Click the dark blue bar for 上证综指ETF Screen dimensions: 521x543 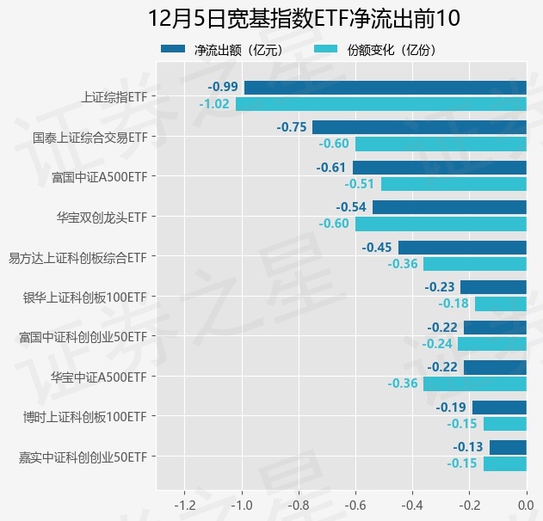pyautogui.click(x=385, y=87)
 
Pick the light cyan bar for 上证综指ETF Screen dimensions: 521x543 pyautogui.click(x=380, y=104)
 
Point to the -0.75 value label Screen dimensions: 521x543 pyautogui.click(x=292, y=127)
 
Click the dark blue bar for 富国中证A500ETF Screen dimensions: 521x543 pyautogui.click(x=439, y=168)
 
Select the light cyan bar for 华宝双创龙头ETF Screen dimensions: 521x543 pyautogui.click(x=441, y=224)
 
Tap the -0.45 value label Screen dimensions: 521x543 pyautogui.click(x=377, y=248)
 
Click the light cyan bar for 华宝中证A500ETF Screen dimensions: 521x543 pyautogui.click(x=474, y=383)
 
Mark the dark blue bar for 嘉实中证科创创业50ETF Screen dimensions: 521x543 pyautogui.click(x=508, y=447)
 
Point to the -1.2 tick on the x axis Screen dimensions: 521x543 pyautogui.click(x=184, y=504)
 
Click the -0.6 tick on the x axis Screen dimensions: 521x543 pyautogui.click(x=355, y=504)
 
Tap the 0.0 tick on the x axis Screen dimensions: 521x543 pyautogui.click(x=526, y=504)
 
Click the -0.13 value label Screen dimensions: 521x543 pyautogui.click(x=468, y=447)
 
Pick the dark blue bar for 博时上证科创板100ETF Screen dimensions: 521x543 pyautogui.click(x=499, y=408)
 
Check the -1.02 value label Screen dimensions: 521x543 pyautogui.click(x=214, y=104)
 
